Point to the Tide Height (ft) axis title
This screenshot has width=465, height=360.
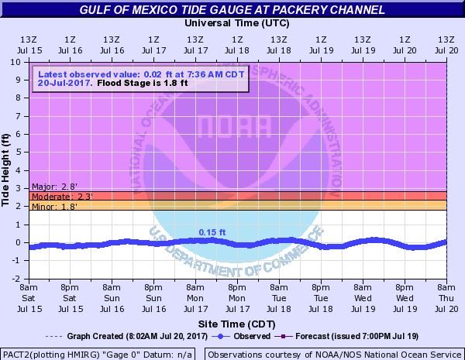pos(7,170)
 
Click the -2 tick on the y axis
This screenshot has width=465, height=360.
pos(15,279)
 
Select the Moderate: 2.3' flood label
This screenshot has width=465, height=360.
pos(56,197)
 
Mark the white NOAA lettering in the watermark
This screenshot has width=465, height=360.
pos(237,125)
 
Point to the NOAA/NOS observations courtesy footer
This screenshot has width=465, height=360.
pos(333,354)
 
